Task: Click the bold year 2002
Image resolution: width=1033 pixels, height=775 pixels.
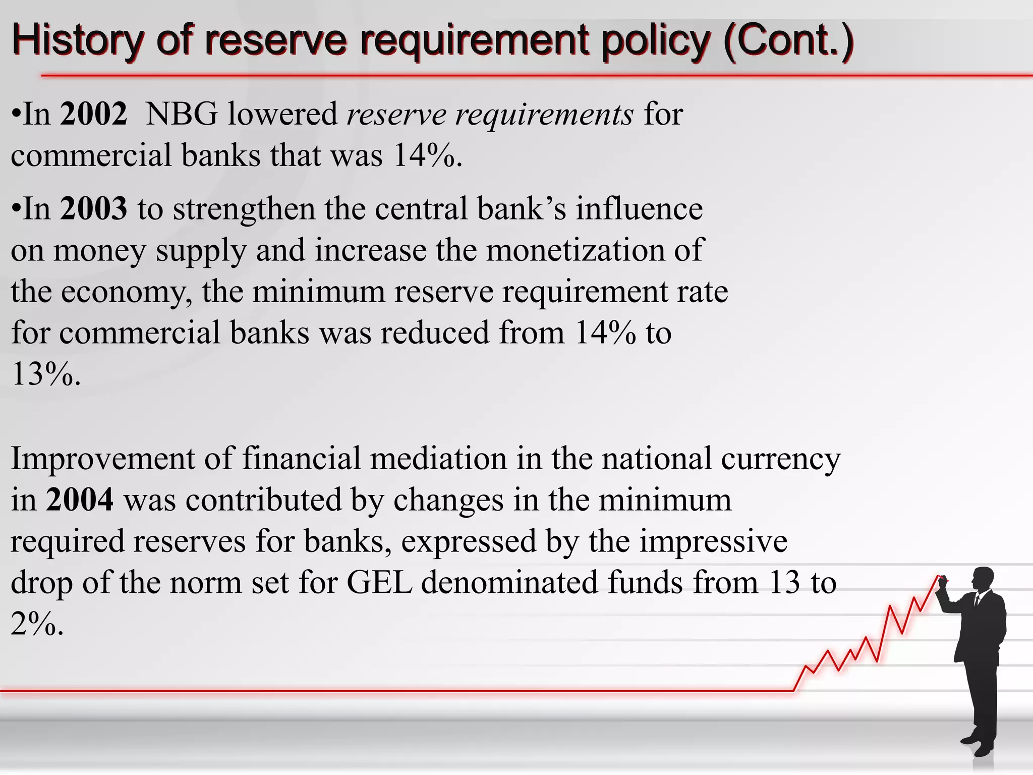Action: [x=93, y=114]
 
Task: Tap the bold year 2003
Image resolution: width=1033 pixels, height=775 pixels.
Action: [x=93, y=208]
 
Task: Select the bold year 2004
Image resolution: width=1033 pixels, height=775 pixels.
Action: [x=80, y=500]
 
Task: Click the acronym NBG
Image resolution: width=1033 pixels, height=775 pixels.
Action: [x=182, y=114]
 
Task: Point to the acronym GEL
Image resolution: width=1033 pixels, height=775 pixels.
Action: [x=379, y=582]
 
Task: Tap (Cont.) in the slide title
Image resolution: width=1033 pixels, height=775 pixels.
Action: [x=788, y=40]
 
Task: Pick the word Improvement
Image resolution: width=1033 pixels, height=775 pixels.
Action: [x=103, y=459]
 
